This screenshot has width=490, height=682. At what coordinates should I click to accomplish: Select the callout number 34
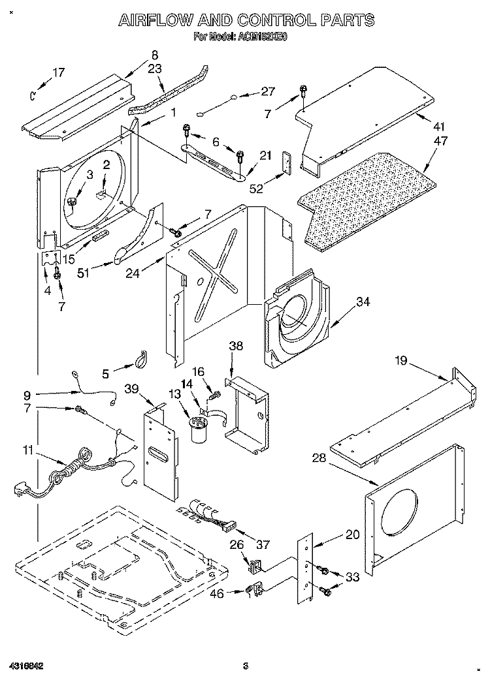tap(363, 302)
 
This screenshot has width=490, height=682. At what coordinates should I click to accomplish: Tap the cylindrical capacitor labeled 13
tap(197, 432)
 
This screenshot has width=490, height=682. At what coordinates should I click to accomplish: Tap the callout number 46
tap(217, 593)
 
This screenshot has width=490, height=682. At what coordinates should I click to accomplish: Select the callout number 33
tap(353, 576)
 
